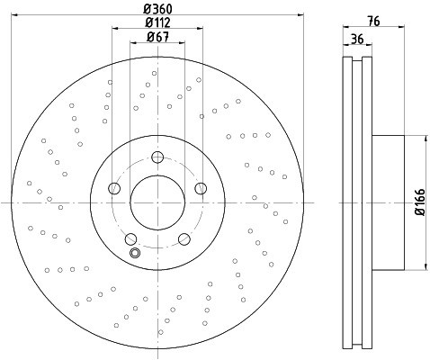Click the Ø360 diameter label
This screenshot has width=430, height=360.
(158, 9)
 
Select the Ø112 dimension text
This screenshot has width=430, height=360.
(158, 23)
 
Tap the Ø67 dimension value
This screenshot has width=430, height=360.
(159, 38)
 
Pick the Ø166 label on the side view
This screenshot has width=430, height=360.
(420, 203)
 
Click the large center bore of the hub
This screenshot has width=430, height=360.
(157, 202)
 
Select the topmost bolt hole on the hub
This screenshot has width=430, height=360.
(158, 157)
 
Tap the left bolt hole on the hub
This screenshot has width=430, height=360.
(113, 188)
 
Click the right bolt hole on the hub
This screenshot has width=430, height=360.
(202, 188)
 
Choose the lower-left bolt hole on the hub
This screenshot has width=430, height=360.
(130, 238)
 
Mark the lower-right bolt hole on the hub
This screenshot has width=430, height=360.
(184, 238)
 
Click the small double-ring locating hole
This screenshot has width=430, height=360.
(136, 253)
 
